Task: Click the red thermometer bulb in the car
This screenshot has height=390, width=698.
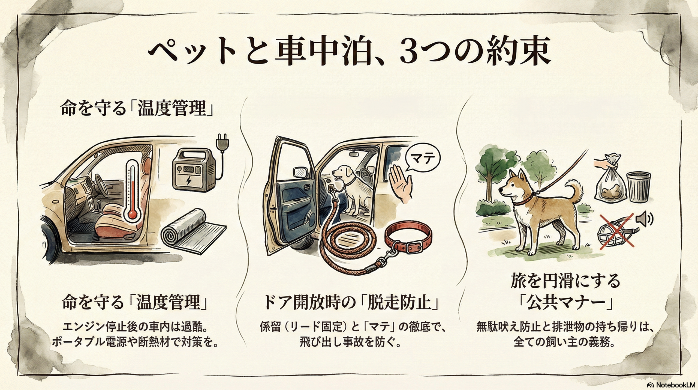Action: tap(133, 213)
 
